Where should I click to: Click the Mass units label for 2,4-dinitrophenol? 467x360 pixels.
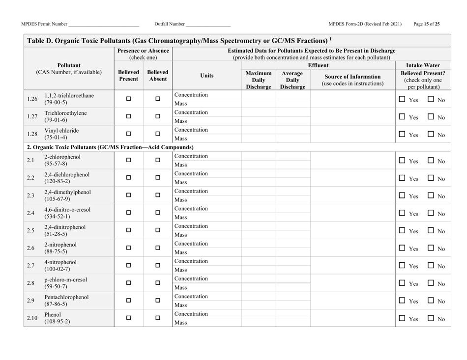[x=180, y=235]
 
